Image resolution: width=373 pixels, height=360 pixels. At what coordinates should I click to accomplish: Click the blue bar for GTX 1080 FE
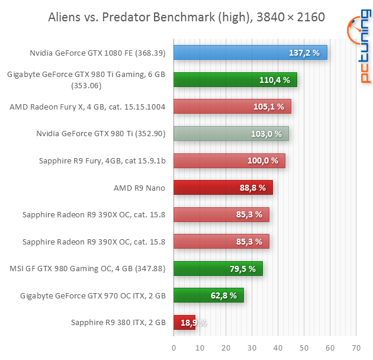pos(250,53)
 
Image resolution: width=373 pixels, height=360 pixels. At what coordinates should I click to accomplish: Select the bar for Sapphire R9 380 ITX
pos(184,322)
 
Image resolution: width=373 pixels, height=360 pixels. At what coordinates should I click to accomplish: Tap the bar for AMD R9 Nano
pos(223,188)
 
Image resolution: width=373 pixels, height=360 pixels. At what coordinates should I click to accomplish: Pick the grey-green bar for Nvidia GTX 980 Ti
pos(231,134)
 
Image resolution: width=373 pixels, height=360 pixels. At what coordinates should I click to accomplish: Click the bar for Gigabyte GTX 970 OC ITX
pos(208,295)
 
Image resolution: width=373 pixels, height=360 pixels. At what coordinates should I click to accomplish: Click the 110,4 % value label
pos(275,80)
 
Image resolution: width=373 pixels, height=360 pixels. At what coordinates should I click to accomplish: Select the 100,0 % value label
pos(263,161)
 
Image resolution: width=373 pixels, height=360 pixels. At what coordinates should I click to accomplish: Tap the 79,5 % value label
pos(242,269)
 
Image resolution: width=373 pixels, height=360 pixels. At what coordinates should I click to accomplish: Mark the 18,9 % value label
pos(193,323)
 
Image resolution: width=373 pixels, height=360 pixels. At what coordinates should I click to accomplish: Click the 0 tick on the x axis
pos(173,348)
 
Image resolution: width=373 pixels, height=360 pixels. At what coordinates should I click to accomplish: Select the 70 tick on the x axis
pos(356,348)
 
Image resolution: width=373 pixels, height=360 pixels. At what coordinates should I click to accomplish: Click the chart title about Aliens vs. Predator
pos(186,17)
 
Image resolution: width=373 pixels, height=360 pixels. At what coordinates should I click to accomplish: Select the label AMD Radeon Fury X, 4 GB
pos(87,107)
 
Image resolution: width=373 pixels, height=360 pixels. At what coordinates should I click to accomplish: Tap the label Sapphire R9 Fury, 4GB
pos(93,160)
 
